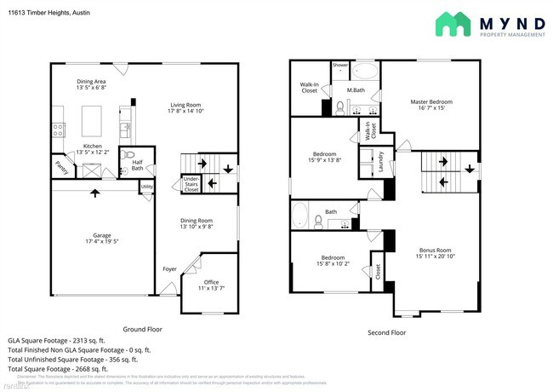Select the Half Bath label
click(x=137, y=164)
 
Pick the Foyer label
click(x=169, y=269)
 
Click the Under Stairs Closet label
click(x=191, y=184)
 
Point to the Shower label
click(x=340, y=65)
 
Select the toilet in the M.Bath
click(x=339, y=107)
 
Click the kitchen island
click(x=92, y=117)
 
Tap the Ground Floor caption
click(x=142, y=329)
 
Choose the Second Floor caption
click(x=386, y=332)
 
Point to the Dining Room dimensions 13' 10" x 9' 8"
click(x=197, y=227)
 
